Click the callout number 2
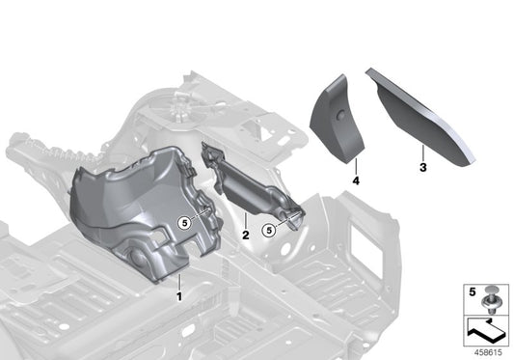[x=246, y=234]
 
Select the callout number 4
[x=355, y=180]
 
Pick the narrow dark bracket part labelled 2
[x=251, y=183]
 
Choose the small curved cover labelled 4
[x=338, y=116]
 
